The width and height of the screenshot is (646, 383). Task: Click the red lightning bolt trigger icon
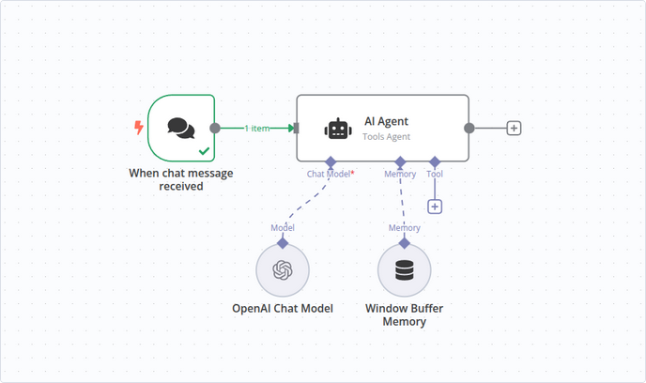(139, 127)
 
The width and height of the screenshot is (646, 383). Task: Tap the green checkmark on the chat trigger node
(204, 150)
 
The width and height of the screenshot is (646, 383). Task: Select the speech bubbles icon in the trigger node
(181, 128)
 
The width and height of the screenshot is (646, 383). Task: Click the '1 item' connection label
(259, 129)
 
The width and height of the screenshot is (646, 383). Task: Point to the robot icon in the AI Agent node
(337, 129)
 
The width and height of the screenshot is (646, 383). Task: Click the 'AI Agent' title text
(386, 121)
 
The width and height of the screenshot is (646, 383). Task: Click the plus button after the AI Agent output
(514, 129)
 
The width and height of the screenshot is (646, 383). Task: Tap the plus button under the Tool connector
(435, 207)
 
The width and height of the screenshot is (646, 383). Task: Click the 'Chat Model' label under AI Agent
(330, 174)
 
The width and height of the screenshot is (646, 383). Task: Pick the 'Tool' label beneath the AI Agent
(435, 174)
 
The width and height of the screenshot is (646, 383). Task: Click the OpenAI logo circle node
(283, 270)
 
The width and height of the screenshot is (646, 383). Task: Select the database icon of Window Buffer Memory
(404, 270)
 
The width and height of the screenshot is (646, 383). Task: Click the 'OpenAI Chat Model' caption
(283, 309)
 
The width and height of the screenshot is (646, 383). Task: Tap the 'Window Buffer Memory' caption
(404, 315)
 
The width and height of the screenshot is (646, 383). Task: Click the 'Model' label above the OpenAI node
(283, 228)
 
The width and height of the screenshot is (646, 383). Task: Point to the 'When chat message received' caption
(181, 179)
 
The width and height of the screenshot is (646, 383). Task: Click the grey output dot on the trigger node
(215, 129)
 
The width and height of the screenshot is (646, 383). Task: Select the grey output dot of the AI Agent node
(469, 129)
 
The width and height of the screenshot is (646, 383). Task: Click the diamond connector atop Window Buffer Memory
(404, 243)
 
